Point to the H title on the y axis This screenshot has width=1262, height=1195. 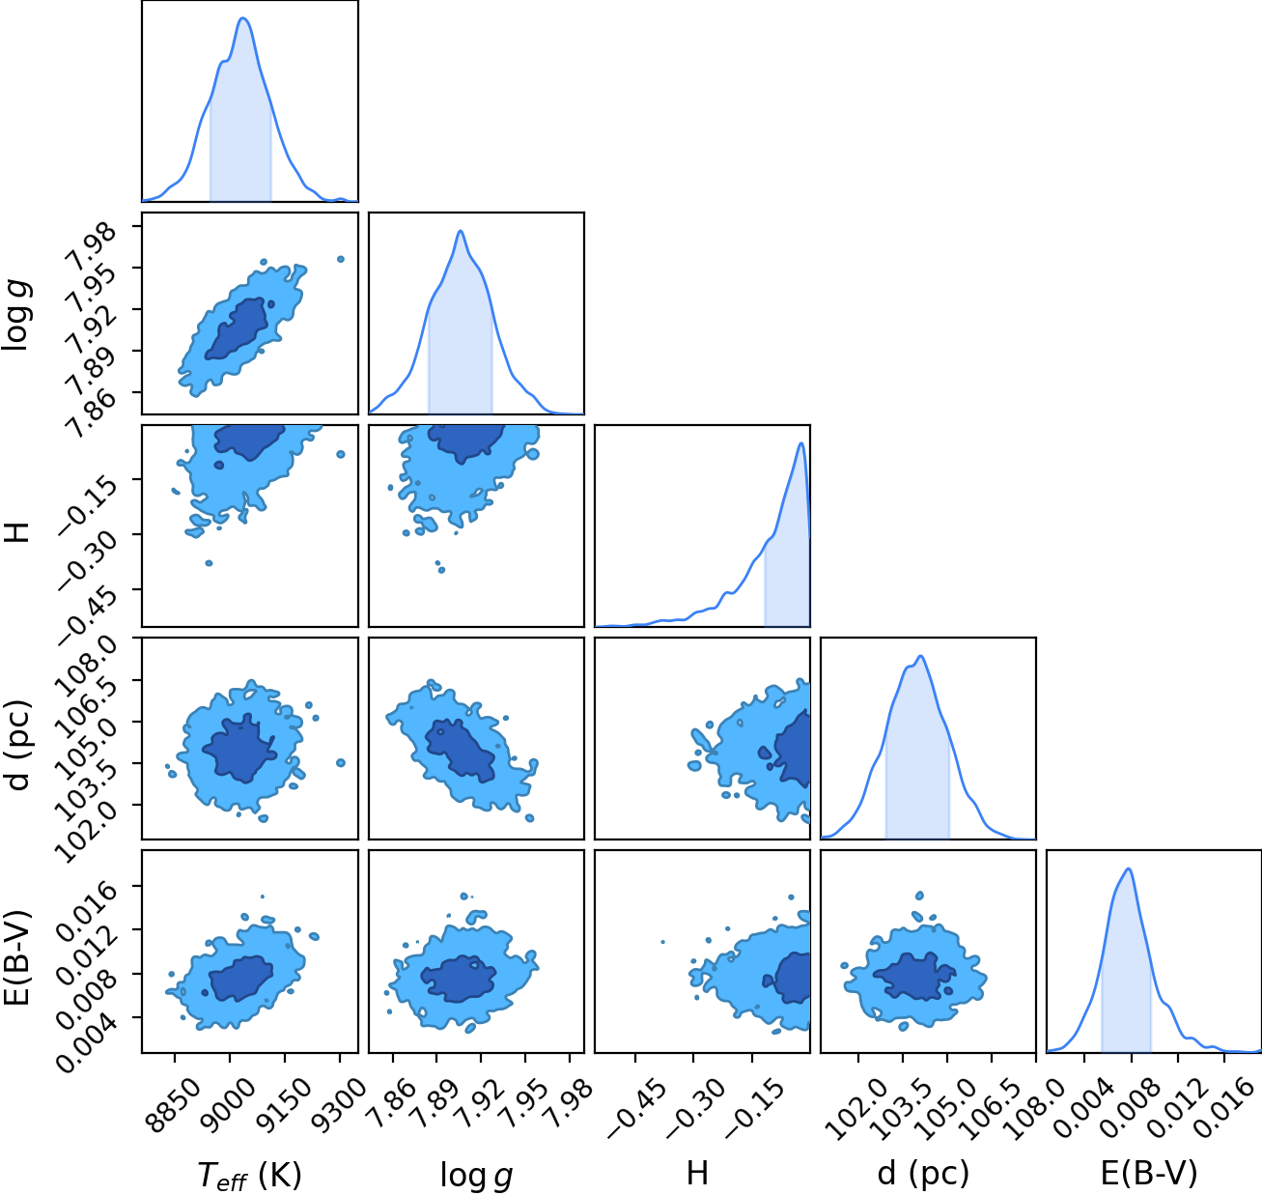click(16, 532)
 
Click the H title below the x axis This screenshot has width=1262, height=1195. click(697, 1174)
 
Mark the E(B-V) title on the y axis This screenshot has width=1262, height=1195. click(17, 958)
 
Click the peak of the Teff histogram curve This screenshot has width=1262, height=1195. click(243, 18)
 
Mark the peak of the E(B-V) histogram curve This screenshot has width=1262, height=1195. click(1128, 868)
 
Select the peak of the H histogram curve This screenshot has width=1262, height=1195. click(800, 442)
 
